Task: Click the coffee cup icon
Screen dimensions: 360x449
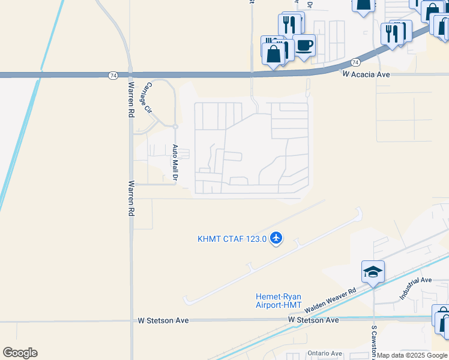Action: (x=304, y=45)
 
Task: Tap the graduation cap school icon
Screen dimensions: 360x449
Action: (x=373, y=271)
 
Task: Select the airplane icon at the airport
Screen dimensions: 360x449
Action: (x=276, y=239)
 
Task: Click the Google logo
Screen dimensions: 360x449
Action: (x=20, y=353)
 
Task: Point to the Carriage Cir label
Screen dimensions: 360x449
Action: (x=146, y=98)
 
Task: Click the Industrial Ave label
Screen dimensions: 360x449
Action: (x=416, y=288)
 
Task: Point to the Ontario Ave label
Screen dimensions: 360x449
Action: (x=325, y=353)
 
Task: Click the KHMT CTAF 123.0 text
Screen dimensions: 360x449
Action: (x=232, y=239)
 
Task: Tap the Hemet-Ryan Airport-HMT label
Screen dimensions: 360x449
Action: (x=279, y=301)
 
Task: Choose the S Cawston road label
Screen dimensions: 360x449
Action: (x=373, y=342)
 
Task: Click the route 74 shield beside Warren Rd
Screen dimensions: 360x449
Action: (x=113, y=75)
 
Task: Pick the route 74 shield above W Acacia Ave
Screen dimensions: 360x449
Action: (x=355, y=62)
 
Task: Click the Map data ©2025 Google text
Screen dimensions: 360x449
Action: (x=412, y=356)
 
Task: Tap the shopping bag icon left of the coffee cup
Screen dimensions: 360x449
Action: (x=274, y=53)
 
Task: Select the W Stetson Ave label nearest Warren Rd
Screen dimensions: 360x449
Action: (x=163, y=320)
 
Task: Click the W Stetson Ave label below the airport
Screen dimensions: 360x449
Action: (x=313, y=320)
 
